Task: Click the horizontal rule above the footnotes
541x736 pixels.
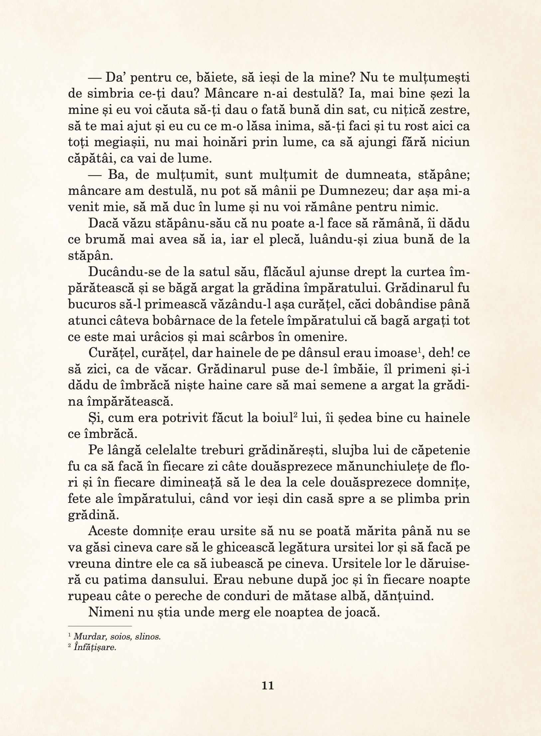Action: pyautogui.click(x=100, y=626)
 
